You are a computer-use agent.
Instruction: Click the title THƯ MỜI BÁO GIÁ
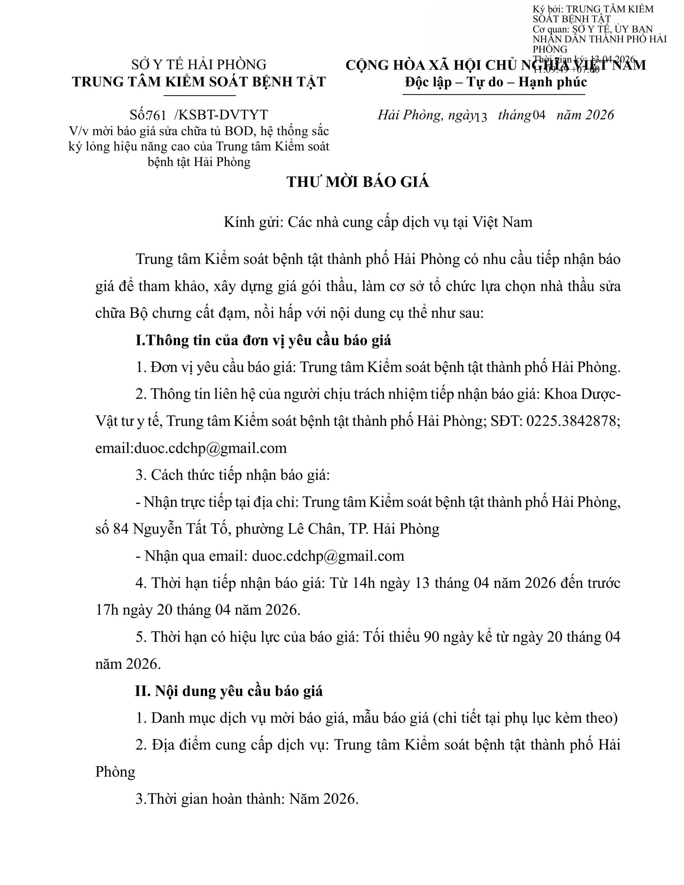coord(358,182)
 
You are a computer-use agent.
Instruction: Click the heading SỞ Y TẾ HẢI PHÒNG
coord(199,65)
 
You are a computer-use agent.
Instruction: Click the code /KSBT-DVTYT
coord(221,115)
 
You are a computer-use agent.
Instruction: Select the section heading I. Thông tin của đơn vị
coord(263,340)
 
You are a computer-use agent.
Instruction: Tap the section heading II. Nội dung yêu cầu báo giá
coord(229,691)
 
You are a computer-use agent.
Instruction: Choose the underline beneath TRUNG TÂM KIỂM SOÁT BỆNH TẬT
coord(199,96)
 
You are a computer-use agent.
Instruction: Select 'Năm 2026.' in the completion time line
coord(324,799)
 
